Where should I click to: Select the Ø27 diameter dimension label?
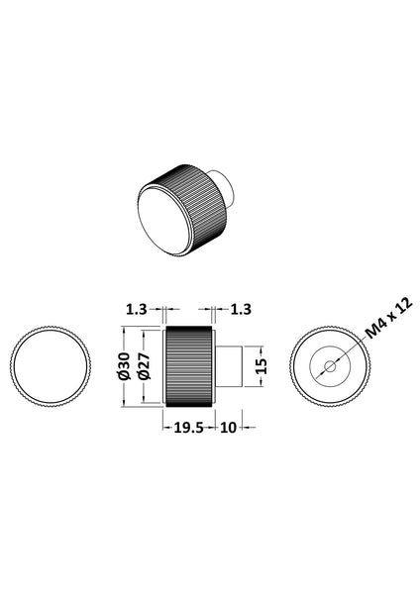145,364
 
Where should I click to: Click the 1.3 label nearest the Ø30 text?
138,310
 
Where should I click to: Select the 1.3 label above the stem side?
241,310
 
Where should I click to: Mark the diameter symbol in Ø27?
145,376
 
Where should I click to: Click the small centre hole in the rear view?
330,365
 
